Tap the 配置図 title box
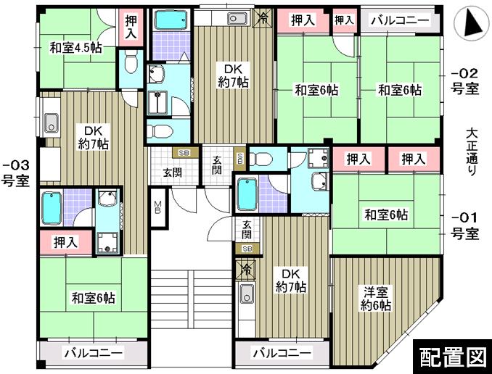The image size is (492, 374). [x=451, y=356]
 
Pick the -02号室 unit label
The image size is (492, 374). [x=464, y=80]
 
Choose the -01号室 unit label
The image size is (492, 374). [x=464, y=225]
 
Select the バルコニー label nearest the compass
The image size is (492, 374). [x=399, y=20]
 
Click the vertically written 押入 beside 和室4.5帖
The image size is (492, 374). [x=131, y=28]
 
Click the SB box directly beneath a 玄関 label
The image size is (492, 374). [x=247, y=249]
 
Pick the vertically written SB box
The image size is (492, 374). [x=240, y=157]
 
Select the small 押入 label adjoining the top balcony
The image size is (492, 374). [x=344, y=20]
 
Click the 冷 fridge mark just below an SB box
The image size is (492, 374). [x=247, y=270]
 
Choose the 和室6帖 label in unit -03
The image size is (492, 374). [x=93, y=297]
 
